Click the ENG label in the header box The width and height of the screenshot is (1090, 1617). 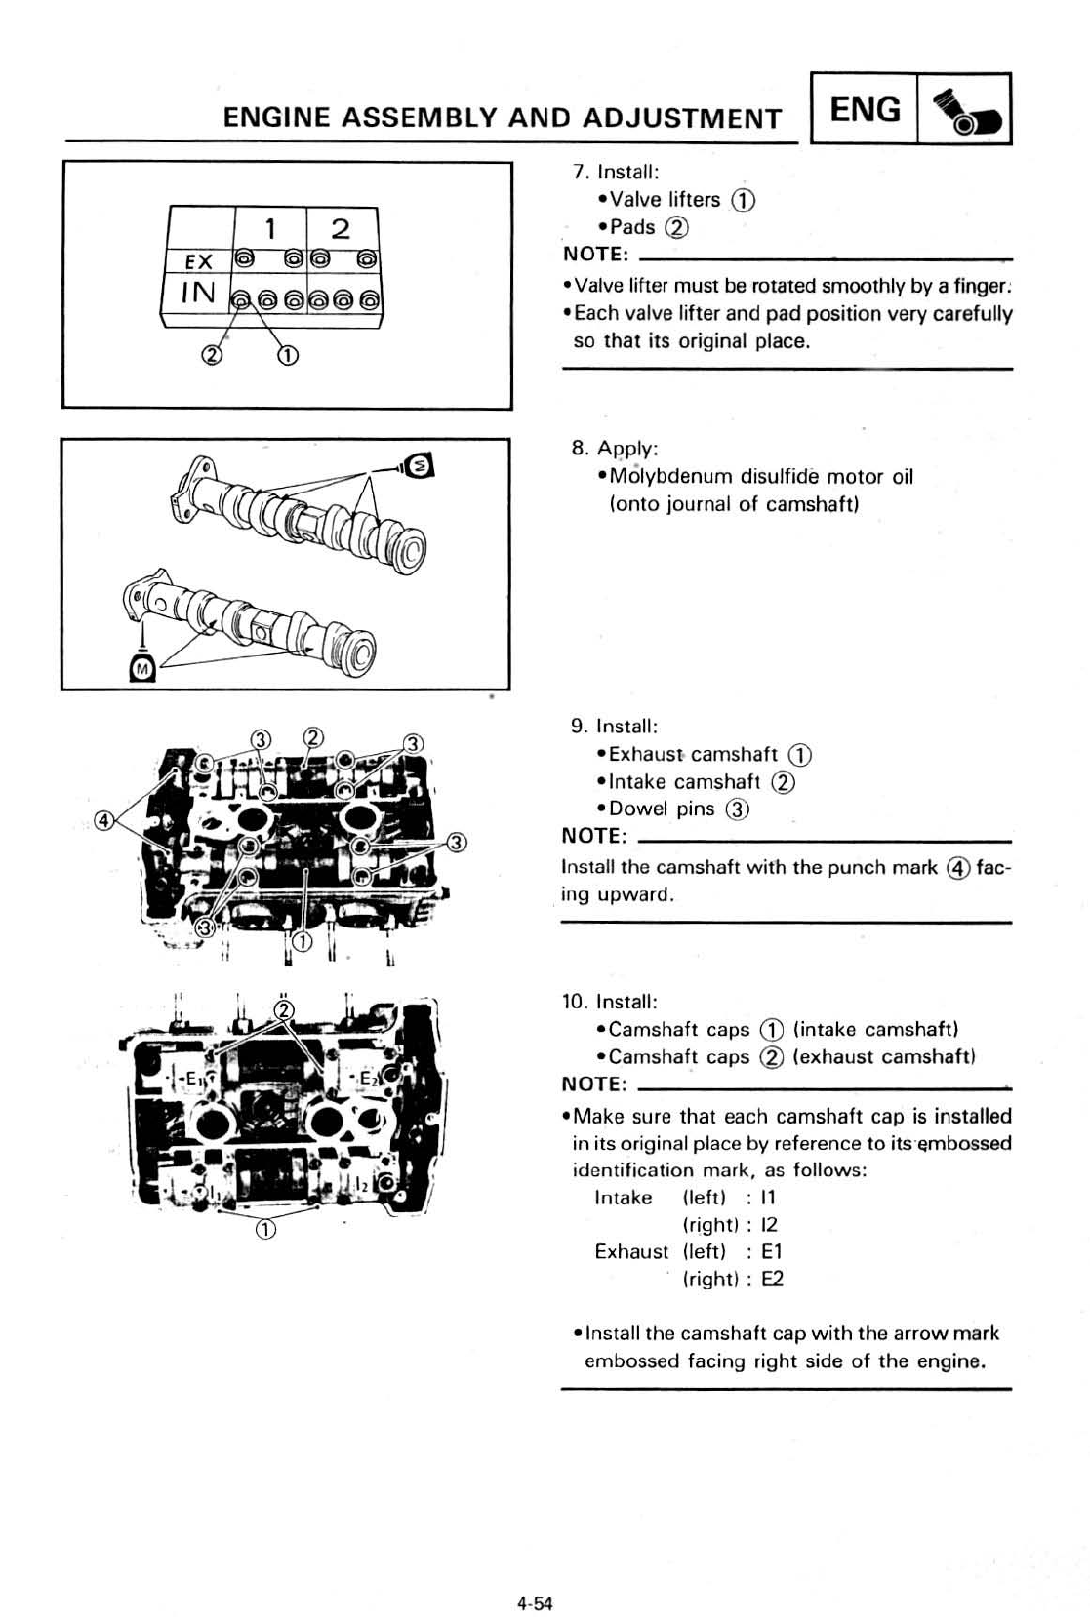click(x=865, y=109)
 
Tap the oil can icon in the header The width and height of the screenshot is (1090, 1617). click(x=964, y=111)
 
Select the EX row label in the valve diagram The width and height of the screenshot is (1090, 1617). click(x=198, y=261)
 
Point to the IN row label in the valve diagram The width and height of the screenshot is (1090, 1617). click(x=197, y=291)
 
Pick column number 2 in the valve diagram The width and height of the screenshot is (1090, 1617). click(x=341, y=229)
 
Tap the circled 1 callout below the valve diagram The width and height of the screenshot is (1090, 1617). click(x=288, y=355)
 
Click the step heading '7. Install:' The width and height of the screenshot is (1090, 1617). click(x=616, y=172)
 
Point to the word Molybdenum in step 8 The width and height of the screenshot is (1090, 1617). click(x=669, y=476)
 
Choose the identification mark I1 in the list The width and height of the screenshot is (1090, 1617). click(x=768, y=1198)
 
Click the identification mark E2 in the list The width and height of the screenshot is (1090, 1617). click(x=772, y=1279)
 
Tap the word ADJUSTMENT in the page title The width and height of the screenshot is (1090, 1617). click(x=682, y=119)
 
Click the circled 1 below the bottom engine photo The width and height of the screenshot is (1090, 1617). click(x=265, y=1229)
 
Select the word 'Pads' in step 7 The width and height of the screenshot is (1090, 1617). click(x=631, y=227)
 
